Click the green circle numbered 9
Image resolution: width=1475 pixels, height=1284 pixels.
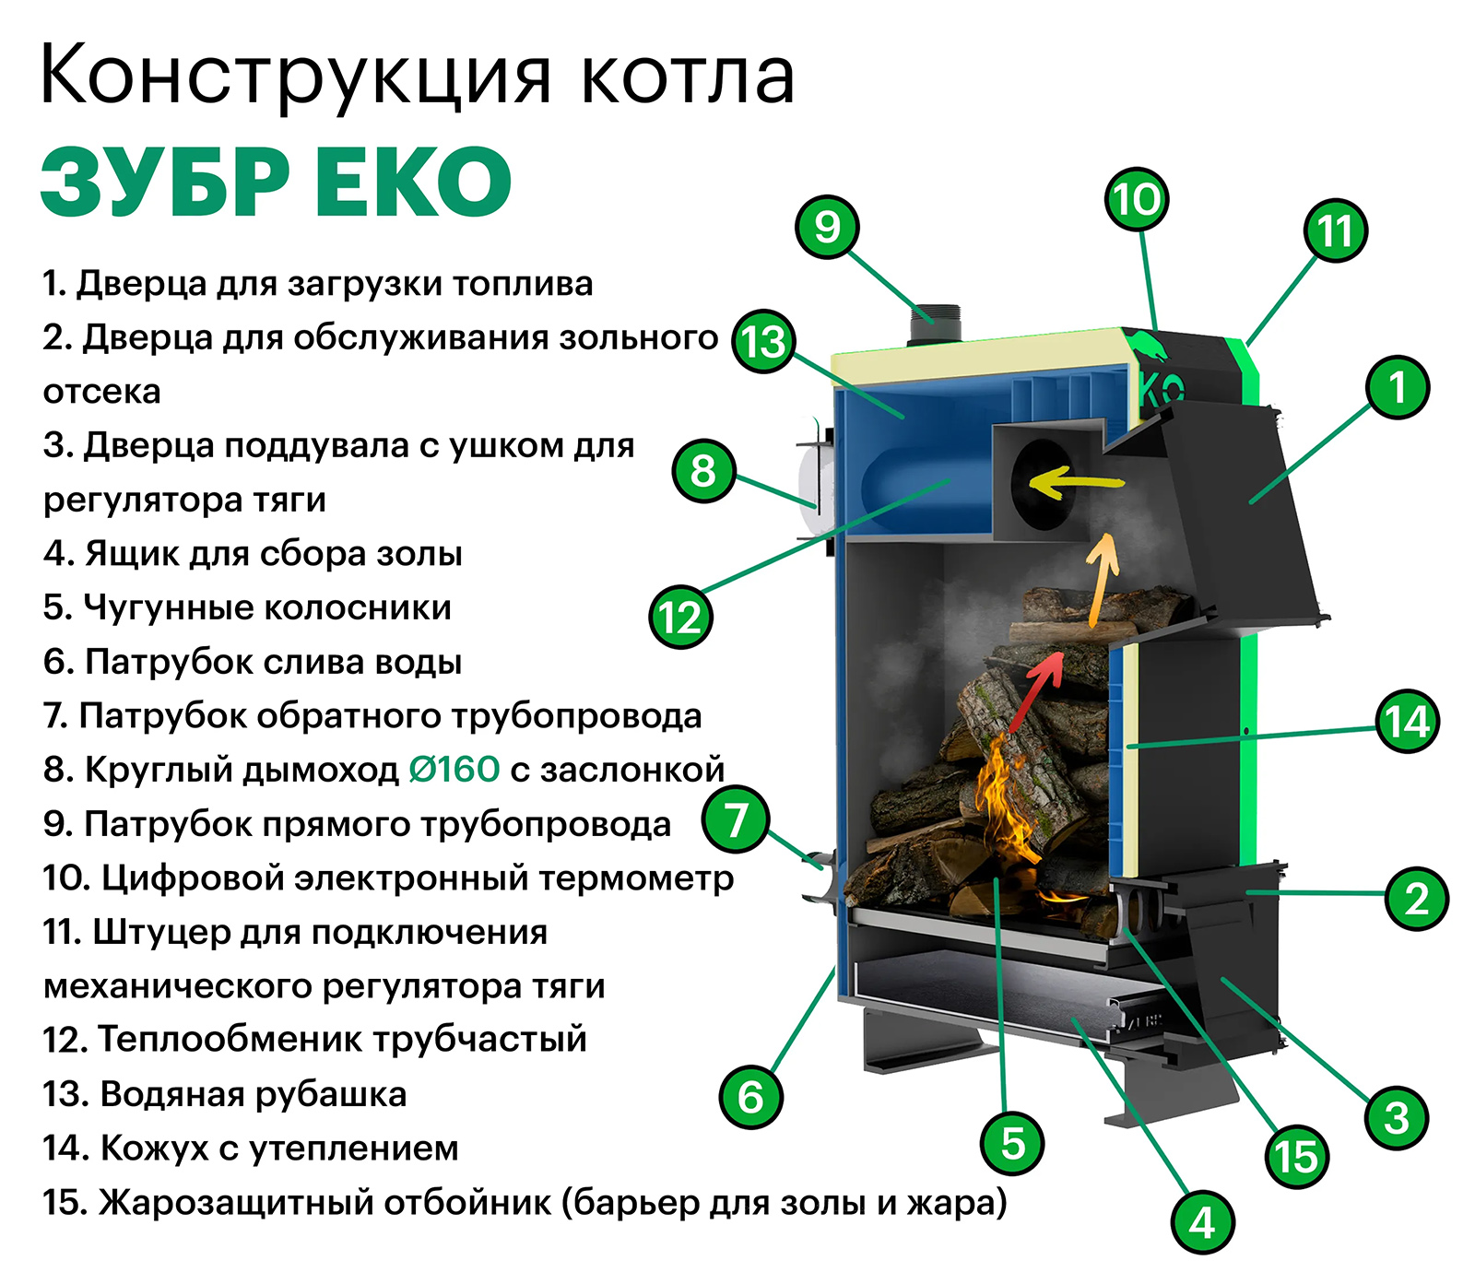[827, 227]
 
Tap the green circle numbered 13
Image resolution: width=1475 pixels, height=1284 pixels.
[763, 342]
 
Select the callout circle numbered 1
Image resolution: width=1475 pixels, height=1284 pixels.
[1398, 387]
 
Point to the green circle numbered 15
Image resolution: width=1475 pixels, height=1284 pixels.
[1296, 1157]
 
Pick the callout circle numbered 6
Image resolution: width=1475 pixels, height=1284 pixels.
[750, 1097]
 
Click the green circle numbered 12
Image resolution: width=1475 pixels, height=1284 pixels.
[680, 617]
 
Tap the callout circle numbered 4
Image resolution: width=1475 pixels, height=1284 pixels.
[1202, 1222]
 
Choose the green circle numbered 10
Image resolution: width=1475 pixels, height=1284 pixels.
[1136, 199]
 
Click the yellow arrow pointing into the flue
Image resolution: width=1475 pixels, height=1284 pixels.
[1075, 481]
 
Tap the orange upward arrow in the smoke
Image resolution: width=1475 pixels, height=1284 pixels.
[1100, 581]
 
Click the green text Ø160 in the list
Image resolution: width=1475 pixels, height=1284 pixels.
[454, 769]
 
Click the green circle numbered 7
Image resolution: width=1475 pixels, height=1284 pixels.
[735, 819]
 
